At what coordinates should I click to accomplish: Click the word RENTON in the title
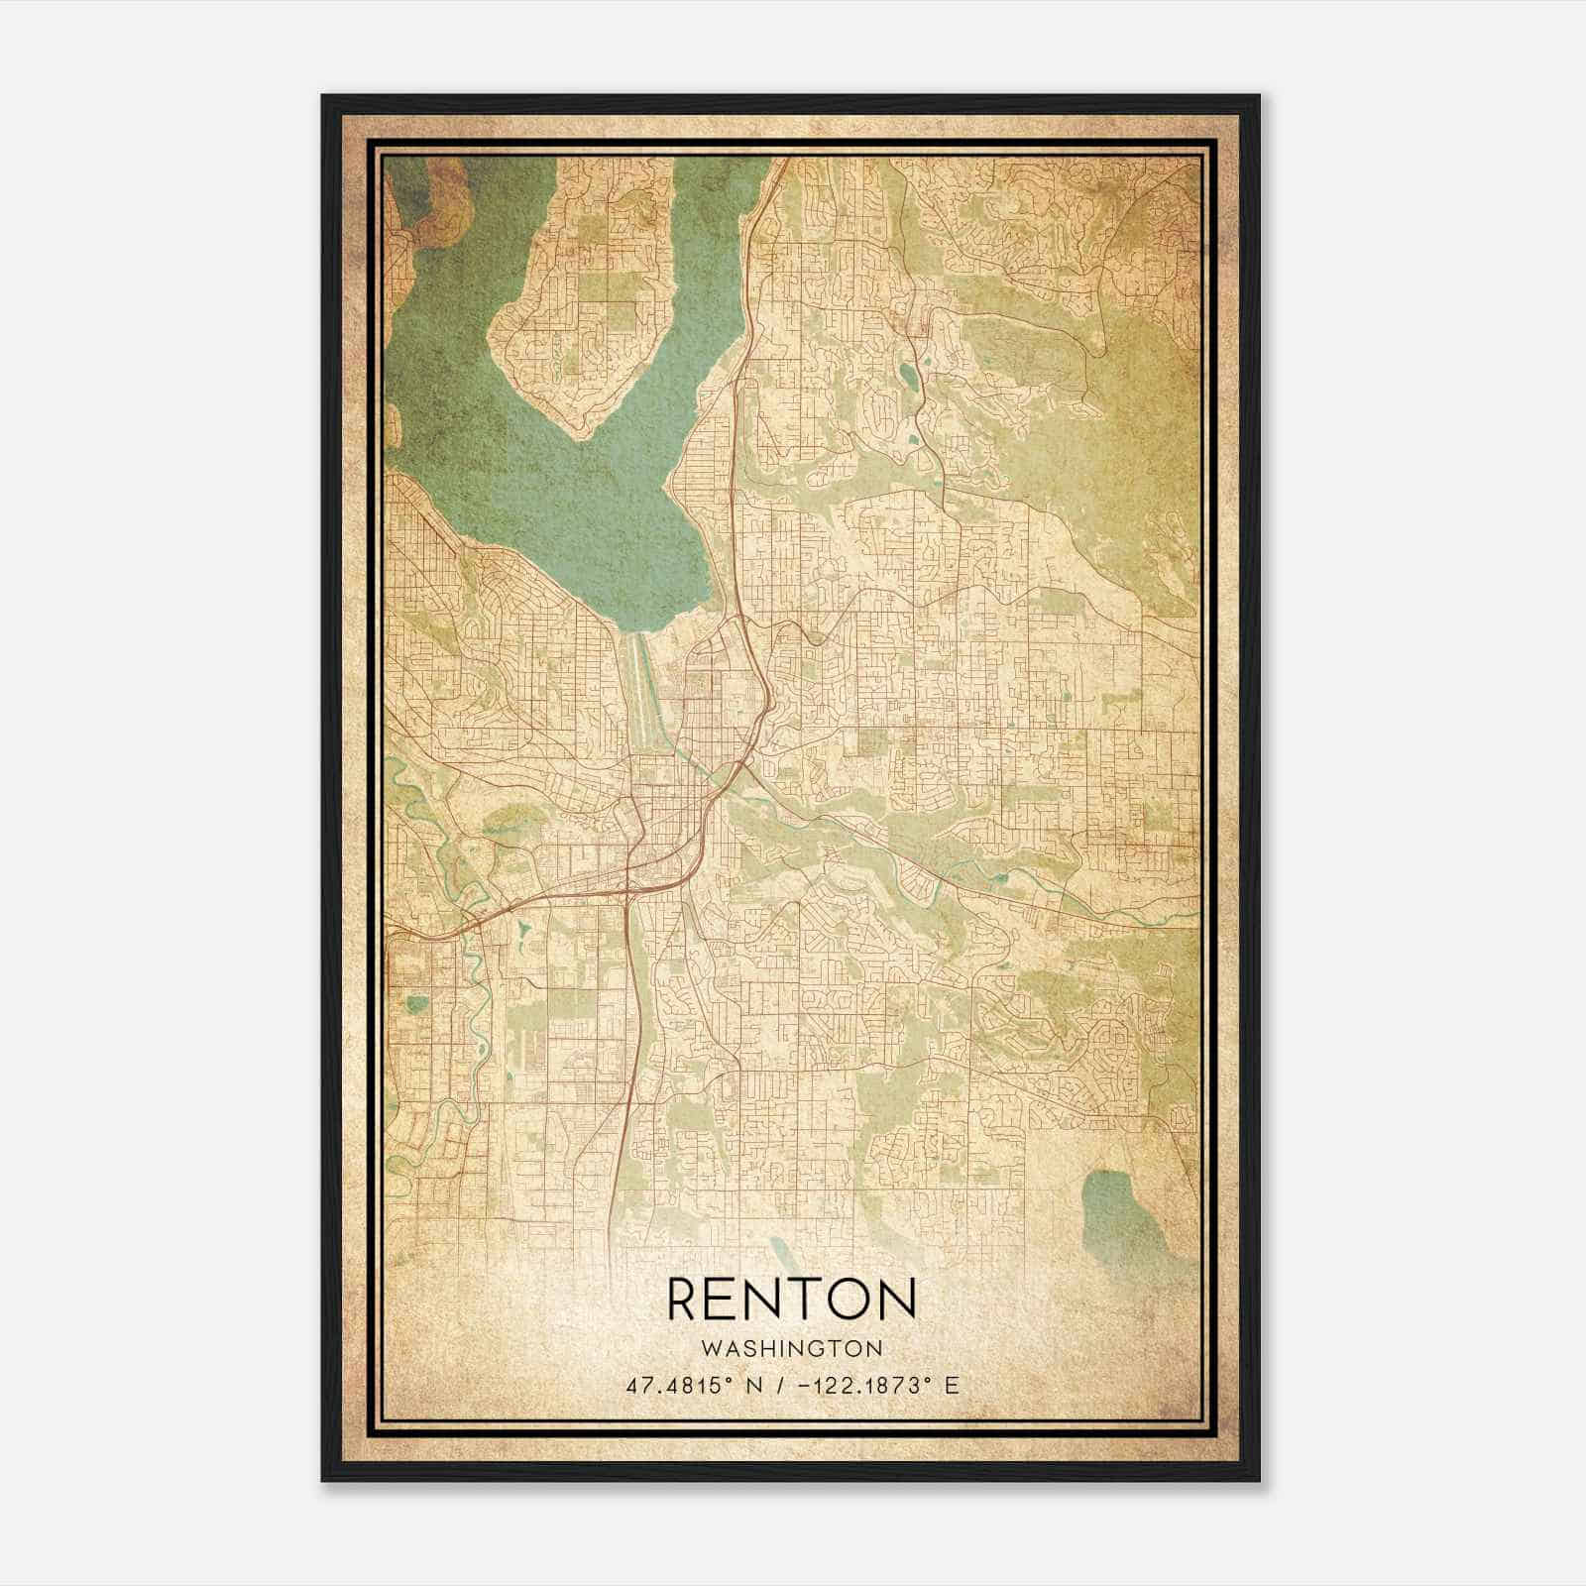(791, 1299)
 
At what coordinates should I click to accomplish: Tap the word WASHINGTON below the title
(791, 1348)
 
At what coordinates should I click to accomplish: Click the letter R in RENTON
(686, 1299)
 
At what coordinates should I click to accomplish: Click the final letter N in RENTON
(895, 1299)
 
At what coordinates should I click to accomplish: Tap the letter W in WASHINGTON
(710, 1348)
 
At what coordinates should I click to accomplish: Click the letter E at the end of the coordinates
(953, 1385)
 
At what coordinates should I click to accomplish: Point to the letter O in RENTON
(845, 1299)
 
